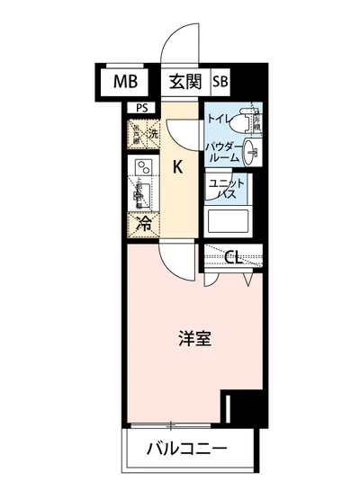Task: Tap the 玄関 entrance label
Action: [184, 82]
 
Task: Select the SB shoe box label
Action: [220, 82]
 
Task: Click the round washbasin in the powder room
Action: [251, 152]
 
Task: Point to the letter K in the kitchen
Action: [178, 166]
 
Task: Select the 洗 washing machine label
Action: [153, 136]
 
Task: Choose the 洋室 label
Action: [193, 340]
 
